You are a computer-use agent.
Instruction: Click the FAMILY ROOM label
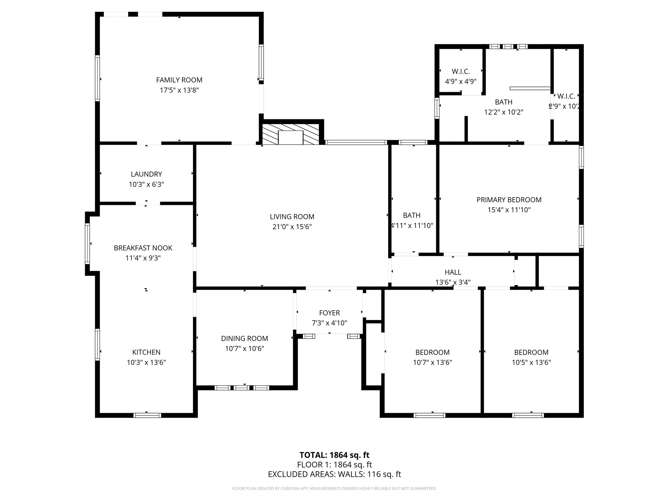179,80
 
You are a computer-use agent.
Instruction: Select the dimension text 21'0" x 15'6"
292,227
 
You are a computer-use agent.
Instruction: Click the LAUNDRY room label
146,174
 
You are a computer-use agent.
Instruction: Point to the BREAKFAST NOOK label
143,248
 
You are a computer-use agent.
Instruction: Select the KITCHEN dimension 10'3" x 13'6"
146,362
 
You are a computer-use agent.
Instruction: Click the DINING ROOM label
244,339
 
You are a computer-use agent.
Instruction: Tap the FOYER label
329,313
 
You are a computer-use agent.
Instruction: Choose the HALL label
453,272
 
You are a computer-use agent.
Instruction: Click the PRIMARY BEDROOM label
509,200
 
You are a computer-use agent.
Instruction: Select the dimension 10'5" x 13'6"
531,362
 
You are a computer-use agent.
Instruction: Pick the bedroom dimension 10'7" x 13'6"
432,362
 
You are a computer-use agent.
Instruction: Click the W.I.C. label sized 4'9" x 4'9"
461,72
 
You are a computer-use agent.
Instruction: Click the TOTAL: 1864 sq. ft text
334,455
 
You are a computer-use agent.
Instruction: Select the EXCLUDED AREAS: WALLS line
334,474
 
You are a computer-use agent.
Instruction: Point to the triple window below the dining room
242,388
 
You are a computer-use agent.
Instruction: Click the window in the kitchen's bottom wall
147,415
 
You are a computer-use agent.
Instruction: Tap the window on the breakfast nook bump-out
87,243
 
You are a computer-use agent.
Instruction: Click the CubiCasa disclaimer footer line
334,489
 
